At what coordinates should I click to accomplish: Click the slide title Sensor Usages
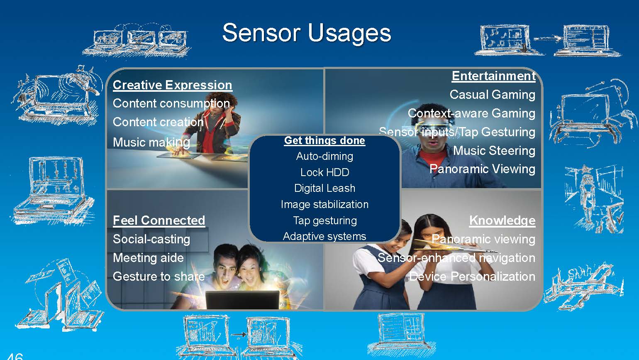[307, 33]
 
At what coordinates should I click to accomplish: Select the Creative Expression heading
[173, 85]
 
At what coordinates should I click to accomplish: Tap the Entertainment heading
[493, 76]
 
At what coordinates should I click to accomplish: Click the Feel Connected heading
[159, 220]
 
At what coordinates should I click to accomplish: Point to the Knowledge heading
[502, 220]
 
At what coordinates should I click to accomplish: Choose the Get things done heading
[324, 140]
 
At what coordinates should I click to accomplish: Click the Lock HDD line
[324, 172]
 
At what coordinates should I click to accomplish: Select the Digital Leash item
[324, 188]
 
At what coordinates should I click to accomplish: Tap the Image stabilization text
[324, 204]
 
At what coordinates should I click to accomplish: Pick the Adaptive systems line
[324, 236]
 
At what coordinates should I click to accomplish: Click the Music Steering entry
[494, 150]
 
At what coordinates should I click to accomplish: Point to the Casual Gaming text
[493, 95]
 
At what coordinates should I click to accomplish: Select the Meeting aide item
[149, 258]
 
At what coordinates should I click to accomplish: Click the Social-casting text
[151, 239]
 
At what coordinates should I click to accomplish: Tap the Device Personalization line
[472, 277]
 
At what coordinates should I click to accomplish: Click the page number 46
[15, 356]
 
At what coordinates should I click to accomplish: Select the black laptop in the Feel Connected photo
[242, 300]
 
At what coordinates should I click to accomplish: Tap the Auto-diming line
[324, 156]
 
